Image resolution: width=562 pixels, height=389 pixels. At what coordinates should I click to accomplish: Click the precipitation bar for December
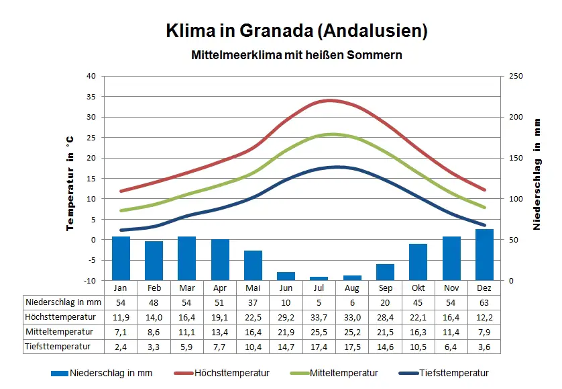pyautogui.click(x=484, y=255)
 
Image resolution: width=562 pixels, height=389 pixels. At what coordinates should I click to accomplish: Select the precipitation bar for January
pyautogui.click(x=121, y=258)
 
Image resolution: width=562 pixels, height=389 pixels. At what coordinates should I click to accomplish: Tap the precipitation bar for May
pyautogui.click(x=253, y=265)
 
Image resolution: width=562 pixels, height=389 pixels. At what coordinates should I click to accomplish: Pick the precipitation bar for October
pyautogui.click(x=418, y=261)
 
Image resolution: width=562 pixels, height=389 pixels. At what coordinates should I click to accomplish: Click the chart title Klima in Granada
pyautogui.click(x=296, y=31)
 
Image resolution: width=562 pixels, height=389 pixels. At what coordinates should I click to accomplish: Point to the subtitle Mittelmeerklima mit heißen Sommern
pyautogui.click(x=296, y=55)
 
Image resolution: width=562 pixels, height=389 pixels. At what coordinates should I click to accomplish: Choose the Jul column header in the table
pyautogui.click(x=319, y=288)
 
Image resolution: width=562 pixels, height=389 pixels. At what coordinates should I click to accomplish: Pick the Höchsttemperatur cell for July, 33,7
pyautogui.click(x=319, y=317)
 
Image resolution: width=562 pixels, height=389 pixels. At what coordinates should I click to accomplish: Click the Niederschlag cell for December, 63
pyautogui.click(x=484, y=302)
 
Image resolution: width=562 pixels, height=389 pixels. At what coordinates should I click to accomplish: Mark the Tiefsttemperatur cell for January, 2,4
pyautogui.click(x=121, y=347)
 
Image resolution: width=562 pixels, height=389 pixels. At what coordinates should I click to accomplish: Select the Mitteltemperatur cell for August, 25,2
pyautogui.click(x=352, y=332)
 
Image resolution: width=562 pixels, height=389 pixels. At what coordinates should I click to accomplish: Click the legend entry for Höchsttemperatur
pyautogui.click(x=232, y=374)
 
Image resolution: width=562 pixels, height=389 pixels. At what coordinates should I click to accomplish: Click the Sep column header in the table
pyautogui.click(x=385, y=288)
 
